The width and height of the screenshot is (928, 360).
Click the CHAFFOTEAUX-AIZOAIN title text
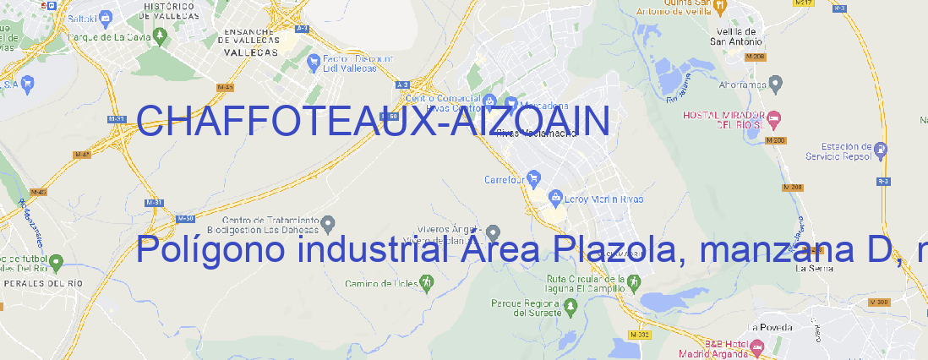coord(372,122)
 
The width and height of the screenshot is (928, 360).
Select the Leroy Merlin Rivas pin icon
coord(555,199)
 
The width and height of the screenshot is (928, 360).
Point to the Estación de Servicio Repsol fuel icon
coord(882,150)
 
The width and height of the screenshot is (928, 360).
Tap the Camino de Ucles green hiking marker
coord(426,283)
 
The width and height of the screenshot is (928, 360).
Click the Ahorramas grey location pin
coord(776,83)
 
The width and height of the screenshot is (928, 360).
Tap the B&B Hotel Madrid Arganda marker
coord(756,347)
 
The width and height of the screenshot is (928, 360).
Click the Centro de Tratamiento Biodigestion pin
coord(328,223)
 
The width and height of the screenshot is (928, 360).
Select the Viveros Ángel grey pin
coord(494,231)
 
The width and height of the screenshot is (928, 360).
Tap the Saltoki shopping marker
coord(105,16)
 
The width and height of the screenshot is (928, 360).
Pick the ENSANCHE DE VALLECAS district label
coord(251,37)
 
